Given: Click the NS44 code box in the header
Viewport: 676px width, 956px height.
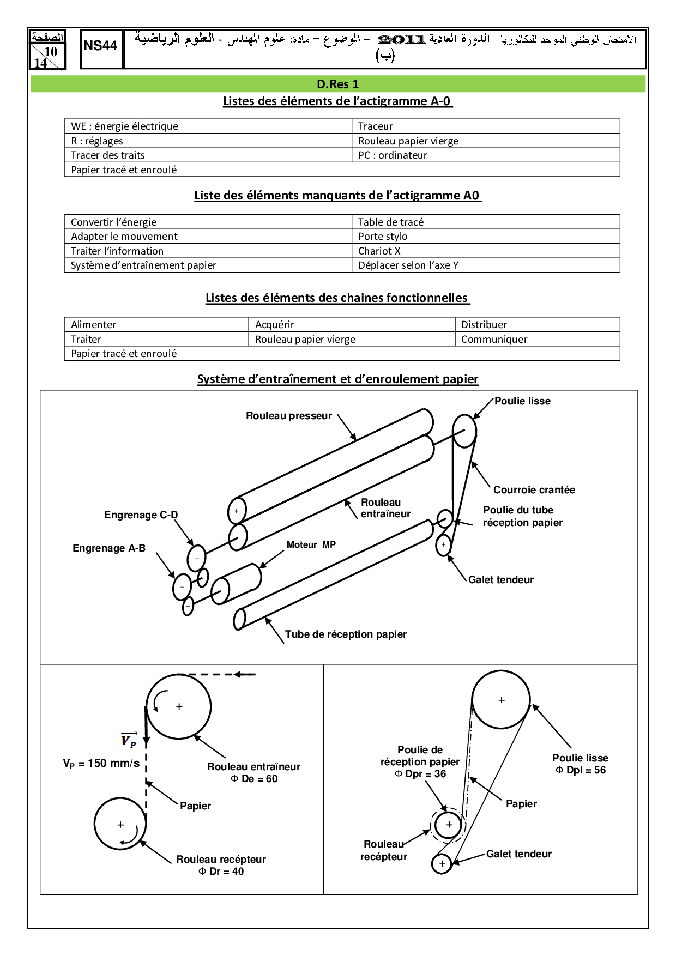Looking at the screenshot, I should pos(101,46).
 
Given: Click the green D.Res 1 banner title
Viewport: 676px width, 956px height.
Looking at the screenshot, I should pos(337,84).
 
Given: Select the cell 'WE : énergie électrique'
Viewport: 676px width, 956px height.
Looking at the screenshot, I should pos(124,126).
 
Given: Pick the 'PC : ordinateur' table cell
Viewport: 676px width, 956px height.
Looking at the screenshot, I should pos(393,155).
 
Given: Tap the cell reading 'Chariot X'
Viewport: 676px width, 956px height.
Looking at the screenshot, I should pos(379,251).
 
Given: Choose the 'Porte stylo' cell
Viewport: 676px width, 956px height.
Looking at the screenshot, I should pos(383,237).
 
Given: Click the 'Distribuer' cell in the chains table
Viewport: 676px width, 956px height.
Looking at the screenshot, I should pos(484,325).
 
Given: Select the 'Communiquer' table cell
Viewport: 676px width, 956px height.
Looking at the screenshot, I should pos(494,340).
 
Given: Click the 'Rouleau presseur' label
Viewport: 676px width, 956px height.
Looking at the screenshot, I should pos(289,416).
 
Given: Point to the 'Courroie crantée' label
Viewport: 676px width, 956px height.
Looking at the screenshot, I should pos(534,490).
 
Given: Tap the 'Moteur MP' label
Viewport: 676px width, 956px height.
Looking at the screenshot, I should pos(311,545).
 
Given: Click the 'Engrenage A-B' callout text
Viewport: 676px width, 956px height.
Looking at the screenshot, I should pos(109,548).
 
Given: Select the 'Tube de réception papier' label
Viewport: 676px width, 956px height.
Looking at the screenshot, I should pos(346,634).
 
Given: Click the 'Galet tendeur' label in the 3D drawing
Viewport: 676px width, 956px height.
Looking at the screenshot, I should pos(501,580).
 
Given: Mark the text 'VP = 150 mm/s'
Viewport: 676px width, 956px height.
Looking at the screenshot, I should pos(101,764).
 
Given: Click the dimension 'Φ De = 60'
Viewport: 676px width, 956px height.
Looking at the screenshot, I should pos(254,779).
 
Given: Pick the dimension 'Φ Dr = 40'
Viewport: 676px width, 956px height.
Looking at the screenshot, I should pos(221,872).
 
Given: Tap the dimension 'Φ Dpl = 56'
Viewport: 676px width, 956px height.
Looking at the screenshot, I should pos(581,770).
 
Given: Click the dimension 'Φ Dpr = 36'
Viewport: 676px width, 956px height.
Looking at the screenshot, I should pos(420,774).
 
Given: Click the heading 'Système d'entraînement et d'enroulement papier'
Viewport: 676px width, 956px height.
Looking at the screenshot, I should pos(337,379).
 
